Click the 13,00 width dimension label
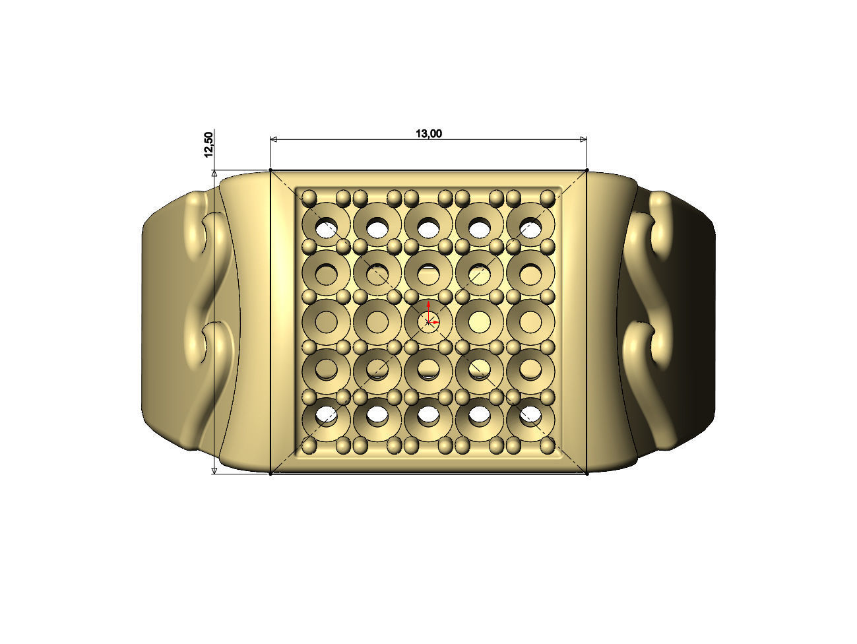pos(428,134)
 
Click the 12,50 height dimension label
pos(209,145)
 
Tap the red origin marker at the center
pos(429,321)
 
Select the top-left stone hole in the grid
pos(326,228)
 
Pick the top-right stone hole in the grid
pos(530,228)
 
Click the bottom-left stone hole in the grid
pos(326,414)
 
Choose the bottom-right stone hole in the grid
pos(530,414)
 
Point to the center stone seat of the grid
pos(429,322)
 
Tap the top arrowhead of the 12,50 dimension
pos(214,174)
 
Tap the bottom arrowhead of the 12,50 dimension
pos(214,470)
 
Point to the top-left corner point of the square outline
pos(271,171)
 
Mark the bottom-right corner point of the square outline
pos(587,473)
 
